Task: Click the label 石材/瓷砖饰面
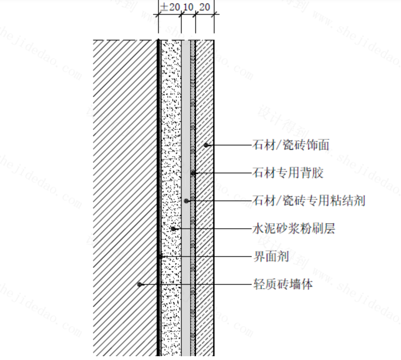[291, 145]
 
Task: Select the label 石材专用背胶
[288, 172]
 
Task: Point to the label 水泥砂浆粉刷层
[293, 229]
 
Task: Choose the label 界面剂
[271, 257]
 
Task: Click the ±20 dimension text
[170, 7]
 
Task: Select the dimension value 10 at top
[188, 7]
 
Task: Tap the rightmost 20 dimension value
[204, 7]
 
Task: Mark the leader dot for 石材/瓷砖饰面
[206, 145]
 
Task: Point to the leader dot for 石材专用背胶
[193, 173]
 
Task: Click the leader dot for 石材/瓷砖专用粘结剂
[187, 200]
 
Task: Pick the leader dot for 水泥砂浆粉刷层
[173, 229]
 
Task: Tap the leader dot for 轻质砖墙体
[139, 284]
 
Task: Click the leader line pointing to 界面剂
[210, 257]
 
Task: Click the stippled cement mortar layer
[170, 119]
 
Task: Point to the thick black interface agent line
[159, 119]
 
